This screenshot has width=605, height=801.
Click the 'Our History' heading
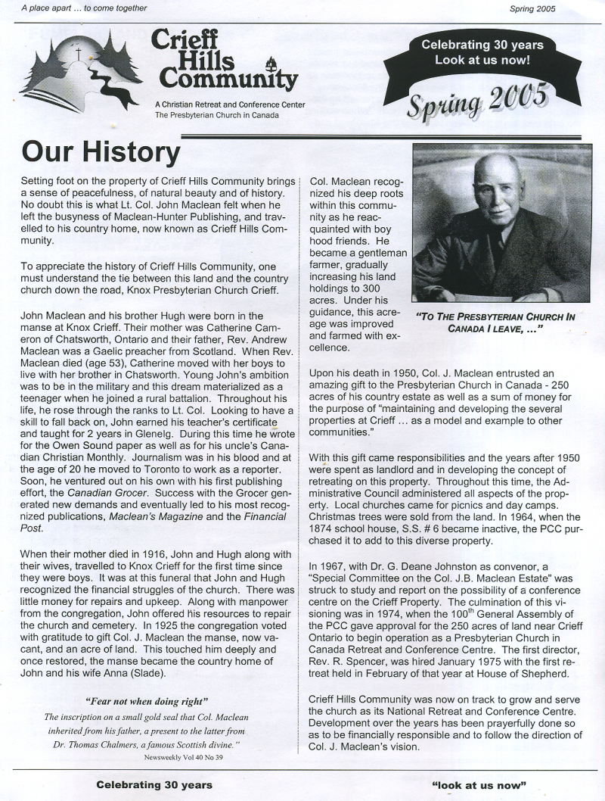coord(101,151)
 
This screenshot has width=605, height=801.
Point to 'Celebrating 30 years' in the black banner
coord(482,45)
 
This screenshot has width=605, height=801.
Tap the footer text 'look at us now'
coord(478,784)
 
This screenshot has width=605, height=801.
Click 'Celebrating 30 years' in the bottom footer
coord(154,784)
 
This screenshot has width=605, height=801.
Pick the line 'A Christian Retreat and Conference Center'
coord(229,104)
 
